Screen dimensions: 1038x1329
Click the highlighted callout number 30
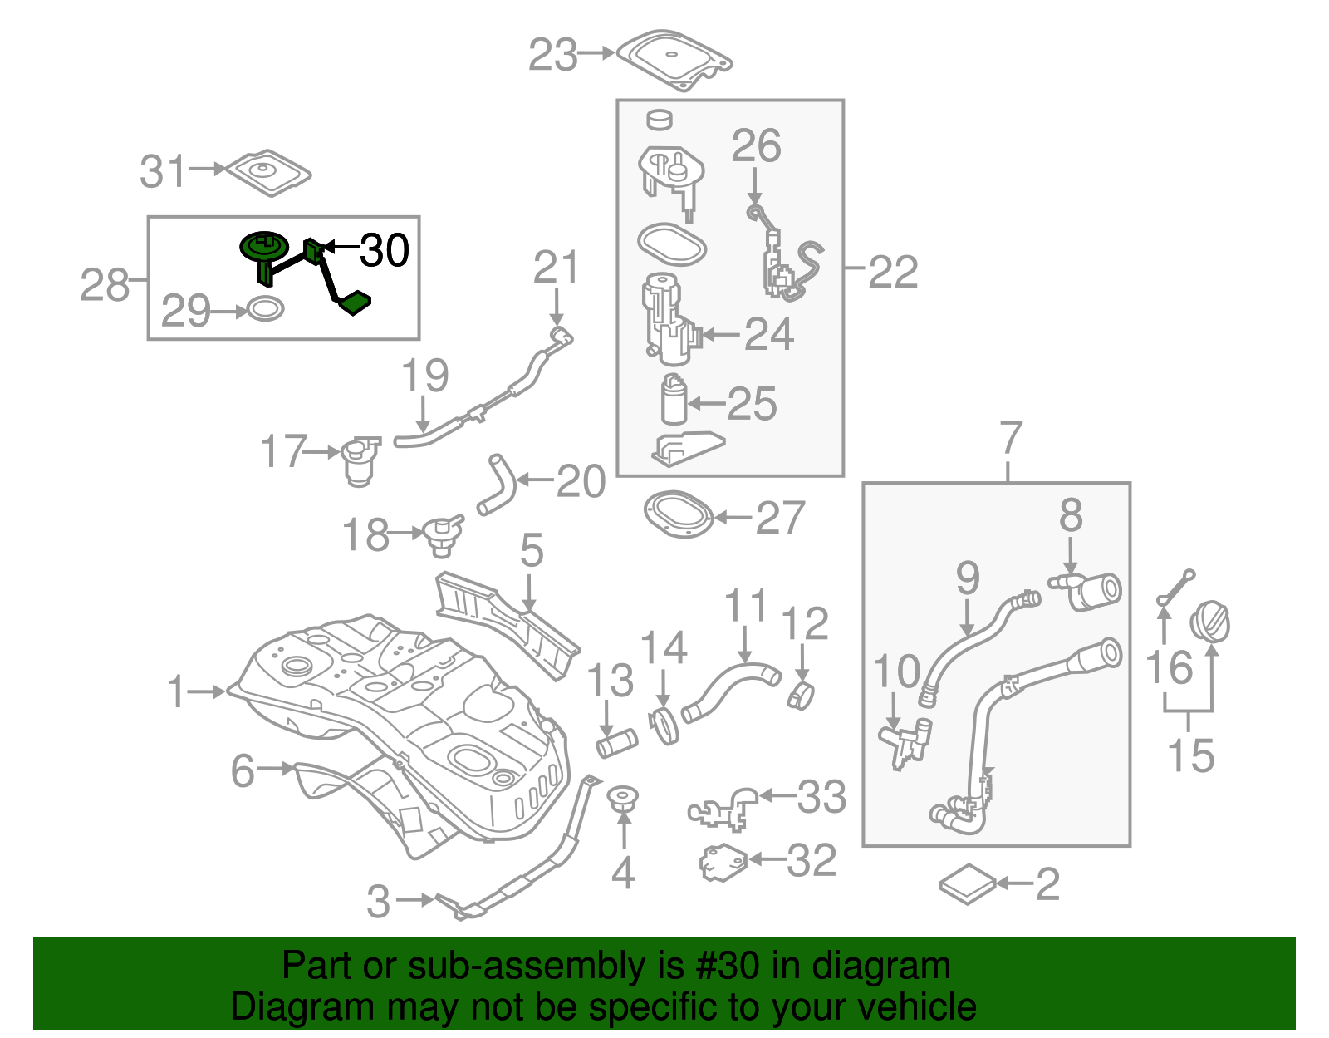(x=385, y=250)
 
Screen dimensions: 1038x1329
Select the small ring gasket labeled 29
(x=265, y=309)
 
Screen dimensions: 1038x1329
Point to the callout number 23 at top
(x=553, y=56)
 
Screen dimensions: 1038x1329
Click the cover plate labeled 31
(x=267, y=173)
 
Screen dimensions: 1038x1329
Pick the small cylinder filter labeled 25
(x=674, y=401)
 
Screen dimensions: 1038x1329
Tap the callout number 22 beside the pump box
(x=893, y=272)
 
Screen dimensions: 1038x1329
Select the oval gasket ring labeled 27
(x=679, y=515)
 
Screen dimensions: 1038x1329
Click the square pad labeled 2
(x=968, y=884)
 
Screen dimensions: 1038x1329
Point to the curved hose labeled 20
(x=497, y=485)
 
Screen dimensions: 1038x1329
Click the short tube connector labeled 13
(x=616, y=741)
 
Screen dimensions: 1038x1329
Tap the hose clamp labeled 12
(x=801, y=695)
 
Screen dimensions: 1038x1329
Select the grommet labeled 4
(x=622, y=799)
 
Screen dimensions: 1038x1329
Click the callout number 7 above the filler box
(x=1010, y=438)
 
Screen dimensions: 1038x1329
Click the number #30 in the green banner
(x=723, y=966)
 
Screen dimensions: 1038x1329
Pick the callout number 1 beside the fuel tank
(x=176, y=691)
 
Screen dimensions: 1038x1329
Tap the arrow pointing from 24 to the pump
(x=720, y=335)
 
